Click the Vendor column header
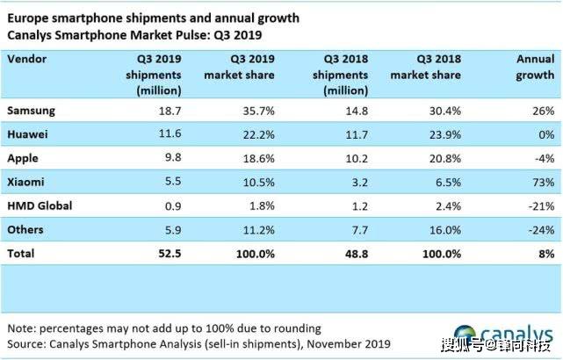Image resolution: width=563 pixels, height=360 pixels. coord(27,59)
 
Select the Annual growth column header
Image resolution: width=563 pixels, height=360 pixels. coord(535,67)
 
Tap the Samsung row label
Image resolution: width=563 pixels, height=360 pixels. coord(32,111)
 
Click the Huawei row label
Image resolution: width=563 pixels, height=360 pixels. coord(27,134)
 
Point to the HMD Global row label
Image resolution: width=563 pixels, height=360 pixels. coord(40,205)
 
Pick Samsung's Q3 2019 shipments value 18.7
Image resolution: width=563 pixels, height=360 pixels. coord(170,111)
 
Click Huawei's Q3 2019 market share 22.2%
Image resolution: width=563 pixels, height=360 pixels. coord(258,134)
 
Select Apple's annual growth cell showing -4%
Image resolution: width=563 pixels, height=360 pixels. coord(545,158)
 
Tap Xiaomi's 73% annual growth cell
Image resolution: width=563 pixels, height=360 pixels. coord(544,182)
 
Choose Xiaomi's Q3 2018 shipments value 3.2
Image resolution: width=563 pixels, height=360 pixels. coord(360,182)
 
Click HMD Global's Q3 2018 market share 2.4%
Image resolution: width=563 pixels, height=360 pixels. coord(448,206)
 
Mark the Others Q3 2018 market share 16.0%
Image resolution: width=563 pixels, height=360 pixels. coord(445,230)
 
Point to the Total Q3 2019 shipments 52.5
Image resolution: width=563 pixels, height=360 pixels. coord(170,254)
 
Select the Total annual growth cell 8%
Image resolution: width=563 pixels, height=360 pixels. coord(546,254)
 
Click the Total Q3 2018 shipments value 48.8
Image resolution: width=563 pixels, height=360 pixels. coord(357,254)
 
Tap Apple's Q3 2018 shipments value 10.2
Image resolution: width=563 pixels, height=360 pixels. coord(357,158)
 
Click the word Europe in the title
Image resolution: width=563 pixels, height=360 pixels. coord(28,18)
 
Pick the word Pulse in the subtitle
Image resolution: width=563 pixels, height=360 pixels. coord(193,35)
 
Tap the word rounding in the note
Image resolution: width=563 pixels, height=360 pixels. coord(297,328)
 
